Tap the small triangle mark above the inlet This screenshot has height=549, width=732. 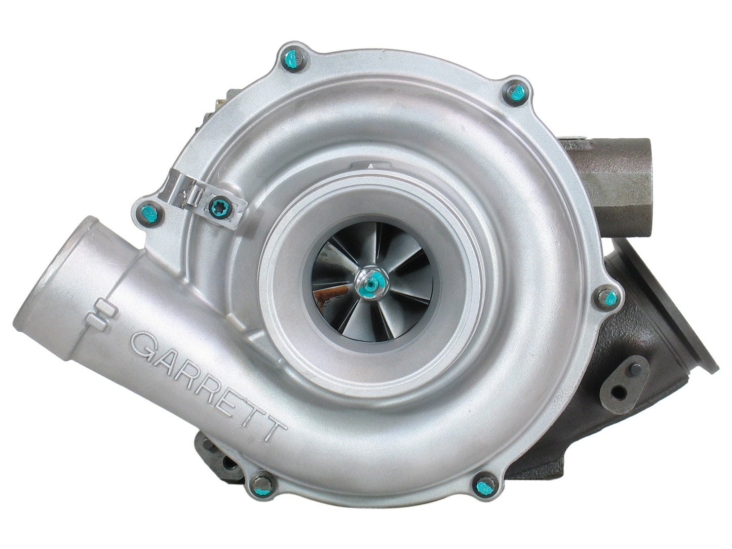(x=372, y=164)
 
